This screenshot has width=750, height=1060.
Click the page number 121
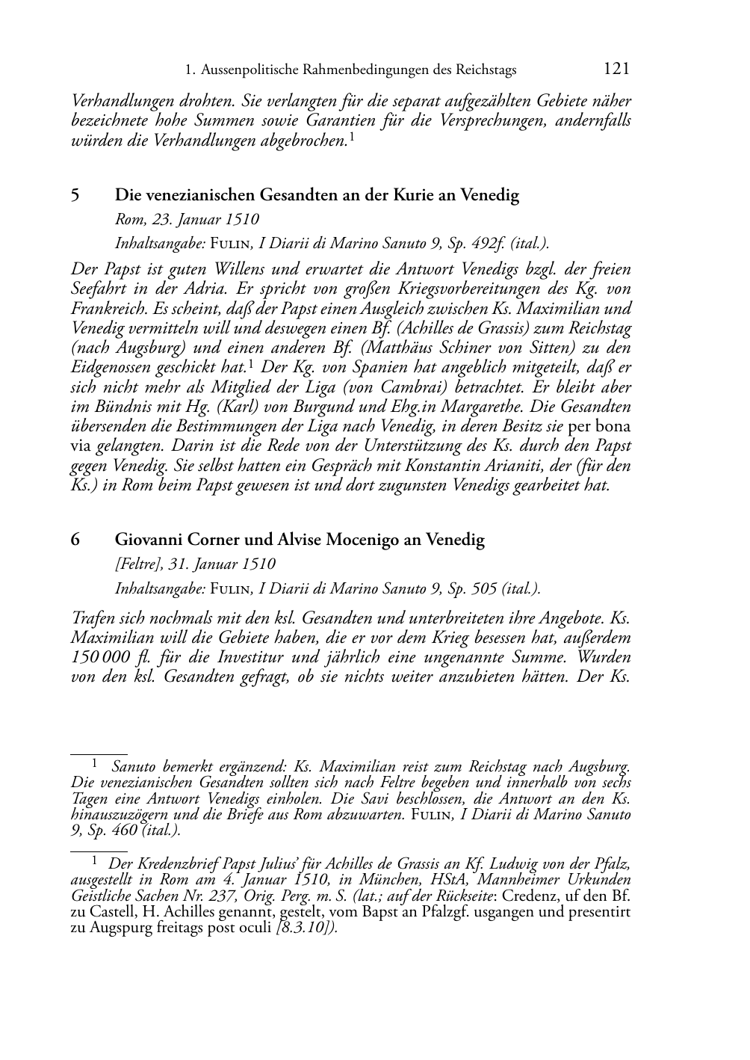point(616,70)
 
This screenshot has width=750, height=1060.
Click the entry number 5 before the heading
point(75,196)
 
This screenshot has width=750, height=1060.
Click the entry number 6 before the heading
point(75,540)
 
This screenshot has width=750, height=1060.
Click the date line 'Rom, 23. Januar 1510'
point(187,220)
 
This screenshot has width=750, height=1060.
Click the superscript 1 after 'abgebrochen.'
point(352,137)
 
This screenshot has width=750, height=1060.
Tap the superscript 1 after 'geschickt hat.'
point(252,363)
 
